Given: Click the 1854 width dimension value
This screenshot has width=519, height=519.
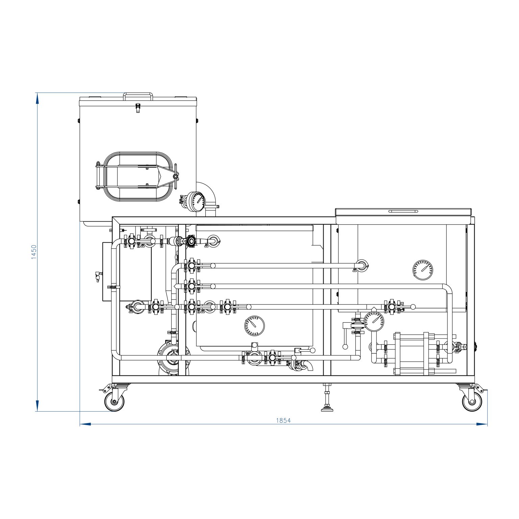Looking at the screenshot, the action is [283, 420].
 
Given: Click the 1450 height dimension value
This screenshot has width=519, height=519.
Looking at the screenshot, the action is [34, 252].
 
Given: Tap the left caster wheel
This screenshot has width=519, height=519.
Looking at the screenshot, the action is [114, 401].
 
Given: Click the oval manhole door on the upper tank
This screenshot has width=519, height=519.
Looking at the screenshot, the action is [137, 176].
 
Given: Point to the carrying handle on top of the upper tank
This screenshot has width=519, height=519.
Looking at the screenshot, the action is [138, 96].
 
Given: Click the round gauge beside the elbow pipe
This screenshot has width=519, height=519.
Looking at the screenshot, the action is [196, 201].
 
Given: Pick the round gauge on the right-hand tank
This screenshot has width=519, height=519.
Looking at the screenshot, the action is [422, 270].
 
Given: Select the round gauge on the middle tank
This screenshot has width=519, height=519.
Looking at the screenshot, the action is [254, 326].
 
